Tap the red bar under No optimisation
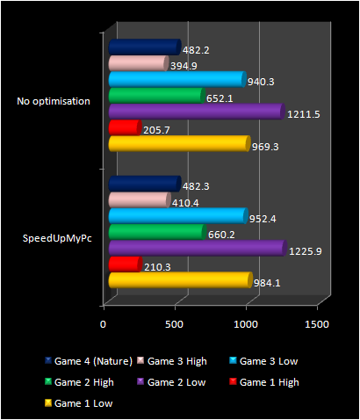tap(123, 128)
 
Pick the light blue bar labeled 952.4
tap(176, 216)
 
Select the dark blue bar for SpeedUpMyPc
tap(142, 184)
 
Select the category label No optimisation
tap(54, 101)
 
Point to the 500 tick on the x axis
tap(176, 324)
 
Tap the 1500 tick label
tap(317, 324)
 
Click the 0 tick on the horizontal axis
tap(104, 324)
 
